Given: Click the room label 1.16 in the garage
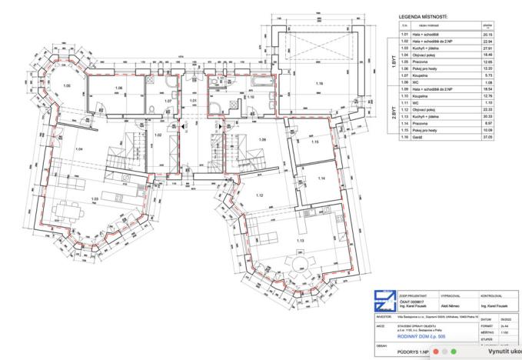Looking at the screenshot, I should pyautogui.click(x=319, y=83).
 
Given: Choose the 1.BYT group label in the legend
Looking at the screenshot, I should pyautogui.click(x=394, y=62).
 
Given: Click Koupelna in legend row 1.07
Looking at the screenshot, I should pyautogui.click(x=427, y=76).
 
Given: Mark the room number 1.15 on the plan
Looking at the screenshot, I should pyautogui.click(x=314, y=143).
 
